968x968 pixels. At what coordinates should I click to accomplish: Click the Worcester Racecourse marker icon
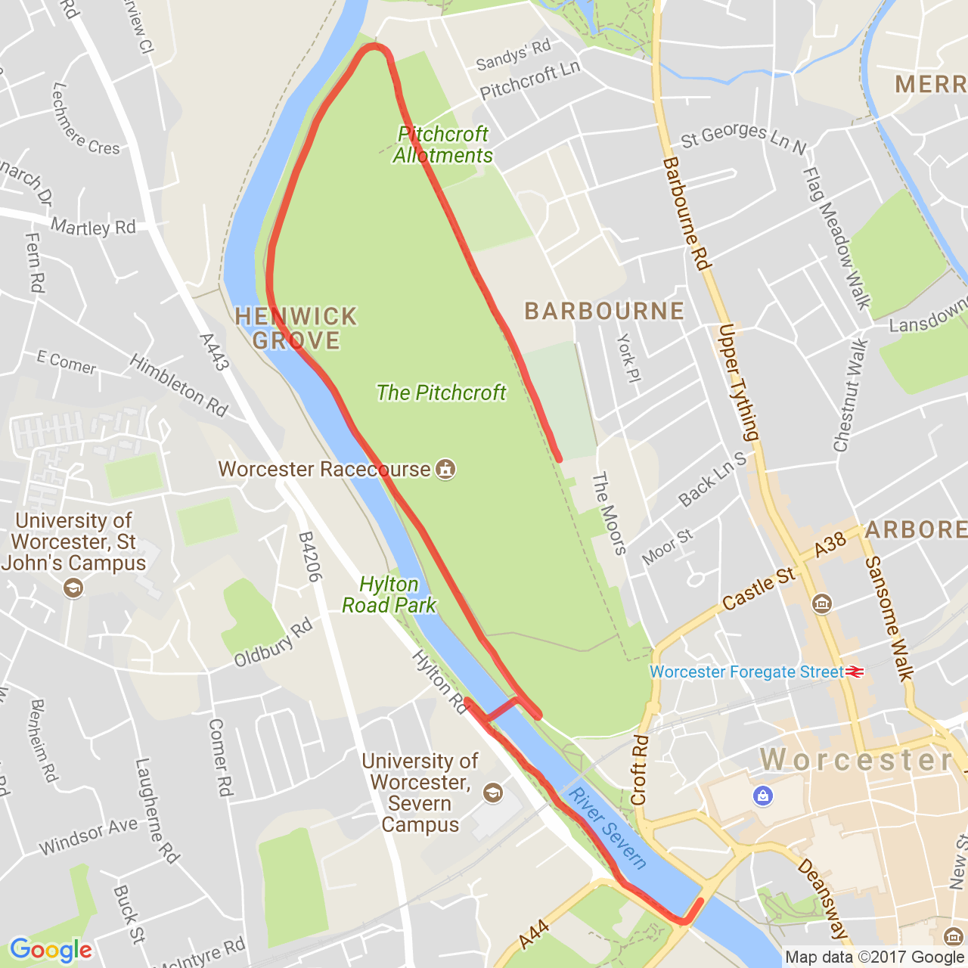(446, 470)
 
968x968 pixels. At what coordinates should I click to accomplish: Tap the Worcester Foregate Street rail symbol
(855, 672)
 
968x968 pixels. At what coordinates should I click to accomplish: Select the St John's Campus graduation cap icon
(73, 587)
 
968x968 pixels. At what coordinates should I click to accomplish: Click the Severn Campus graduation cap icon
(493, 793)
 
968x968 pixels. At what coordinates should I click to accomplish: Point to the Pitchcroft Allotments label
(442, 144)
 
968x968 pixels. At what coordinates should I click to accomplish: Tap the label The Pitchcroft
(441, 392)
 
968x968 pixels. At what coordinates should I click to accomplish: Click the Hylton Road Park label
(389, 594)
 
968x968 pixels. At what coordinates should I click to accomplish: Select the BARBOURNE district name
(604, 311)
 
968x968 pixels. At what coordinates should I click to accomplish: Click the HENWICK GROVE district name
(296, 328)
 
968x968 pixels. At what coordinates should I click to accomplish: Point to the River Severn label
(608, 828)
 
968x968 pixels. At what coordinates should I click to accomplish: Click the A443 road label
(214, 352)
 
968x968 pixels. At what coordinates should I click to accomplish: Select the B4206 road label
(310, 557)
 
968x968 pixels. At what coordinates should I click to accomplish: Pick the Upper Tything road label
(738, 382)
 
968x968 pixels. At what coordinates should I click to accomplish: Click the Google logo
(51, 950)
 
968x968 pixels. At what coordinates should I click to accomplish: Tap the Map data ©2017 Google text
(874, 957)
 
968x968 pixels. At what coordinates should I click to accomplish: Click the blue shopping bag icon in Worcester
(763, 796)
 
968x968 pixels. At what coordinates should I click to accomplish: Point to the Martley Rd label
(93, 227)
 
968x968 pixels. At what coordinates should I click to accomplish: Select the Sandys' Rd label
(513, 55)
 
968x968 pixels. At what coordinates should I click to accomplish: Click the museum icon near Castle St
(821, 603)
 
